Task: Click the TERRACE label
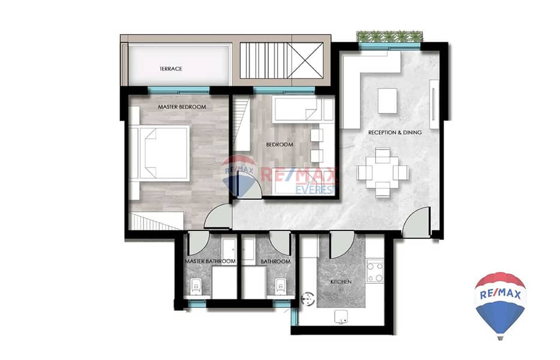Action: click(x=170, y=68)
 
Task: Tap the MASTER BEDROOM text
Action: click(x=182, y=107)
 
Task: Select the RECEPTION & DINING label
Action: click(x=395, y=133)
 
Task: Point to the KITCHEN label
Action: click(x=341, y=282)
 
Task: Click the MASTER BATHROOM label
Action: click(x=210, y=262)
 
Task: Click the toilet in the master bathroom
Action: click(x=195, y=286)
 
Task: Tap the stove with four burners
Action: click(x=375, y=272)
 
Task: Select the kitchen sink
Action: click(x=341, y=317)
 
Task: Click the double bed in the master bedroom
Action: click(x=159, y=153)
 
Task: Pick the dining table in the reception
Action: click(x=382, y=173)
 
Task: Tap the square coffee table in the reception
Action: click(x=388, y=101)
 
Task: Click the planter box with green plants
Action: click(x=390, y=37)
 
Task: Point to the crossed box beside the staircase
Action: click(x=306, y=61)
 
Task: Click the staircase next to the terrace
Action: click(x=264, y=61)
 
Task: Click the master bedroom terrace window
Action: click(x=179, y=91)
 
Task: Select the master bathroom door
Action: click(x=197, y=243)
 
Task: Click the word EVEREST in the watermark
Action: click(x=316, y=189)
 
